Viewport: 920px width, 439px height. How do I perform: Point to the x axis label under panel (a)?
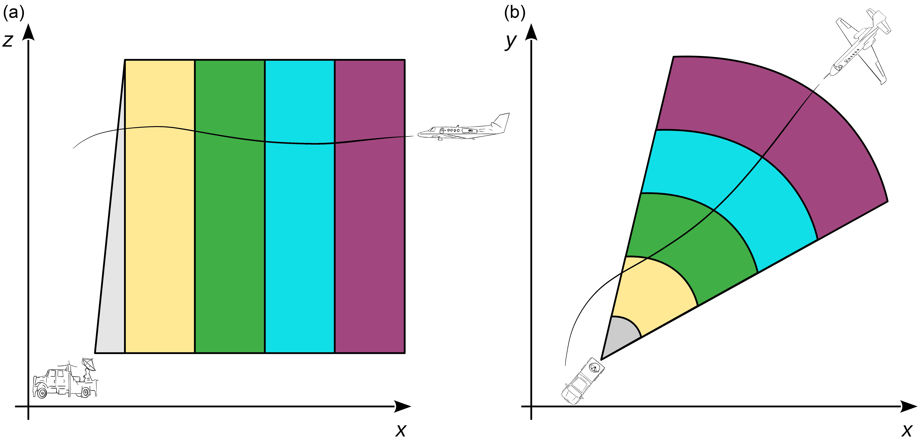(401, 430)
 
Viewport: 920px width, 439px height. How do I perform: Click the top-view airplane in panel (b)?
(861, 46)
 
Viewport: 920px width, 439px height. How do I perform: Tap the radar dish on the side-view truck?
(89, 365)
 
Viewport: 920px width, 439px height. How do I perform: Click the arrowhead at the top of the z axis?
(28, 32)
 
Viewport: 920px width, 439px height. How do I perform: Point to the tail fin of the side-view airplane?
(502, 122)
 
